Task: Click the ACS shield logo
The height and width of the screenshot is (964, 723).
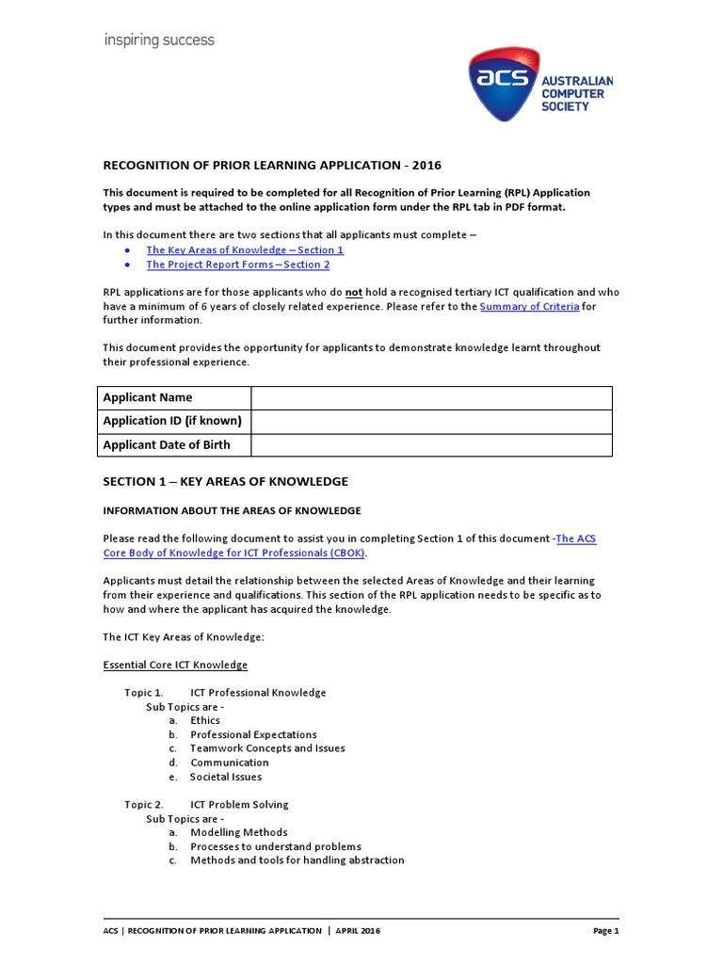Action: click(506, 86)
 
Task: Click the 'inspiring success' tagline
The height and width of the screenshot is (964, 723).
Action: click(159, 40)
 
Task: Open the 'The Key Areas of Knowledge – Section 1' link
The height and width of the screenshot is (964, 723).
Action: click(245, 250)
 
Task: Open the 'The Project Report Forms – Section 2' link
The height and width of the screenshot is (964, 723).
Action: click(238, 265)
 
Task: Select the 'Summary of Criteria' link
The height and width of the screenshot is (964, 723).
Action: click(529, 307)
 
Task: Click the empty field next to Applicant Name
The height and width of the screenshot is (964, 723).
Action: click(431, 397)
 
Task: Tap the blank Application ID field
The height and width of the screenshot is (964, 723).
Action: click(431, 421)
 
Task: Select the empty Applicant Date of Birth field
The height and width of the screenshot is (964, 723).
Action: click(431, 445)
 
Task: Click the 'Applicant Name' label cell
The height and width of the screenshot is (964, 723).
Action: click(148, 397)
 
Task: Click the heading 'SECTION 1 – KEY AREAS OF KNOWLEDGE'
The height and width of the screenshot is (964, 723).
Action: click(225, 481)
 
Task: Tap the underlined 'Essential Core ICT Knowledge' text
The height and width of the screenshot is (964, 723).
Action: click(175, 666)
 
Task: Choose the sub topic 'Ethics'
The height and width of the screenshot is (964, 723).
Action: click(205, 720)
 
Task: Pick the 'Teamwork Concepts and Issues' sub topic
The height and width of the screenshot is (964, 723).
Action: click(267, 748)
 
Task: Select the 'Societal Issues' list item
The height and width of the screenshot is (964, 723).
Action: click(226, 777)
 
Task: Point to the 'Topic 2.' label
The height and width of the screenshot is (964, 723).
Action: click(144, 805)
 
